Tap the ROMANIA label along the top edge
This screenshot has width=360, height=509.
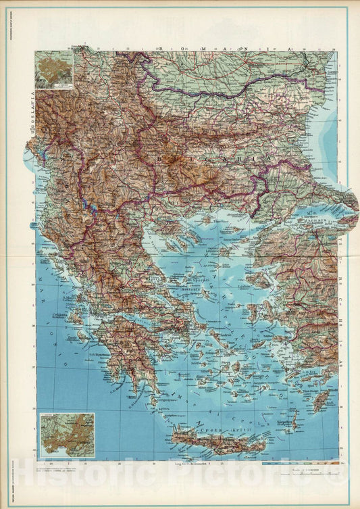click(x=224, y=50)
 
